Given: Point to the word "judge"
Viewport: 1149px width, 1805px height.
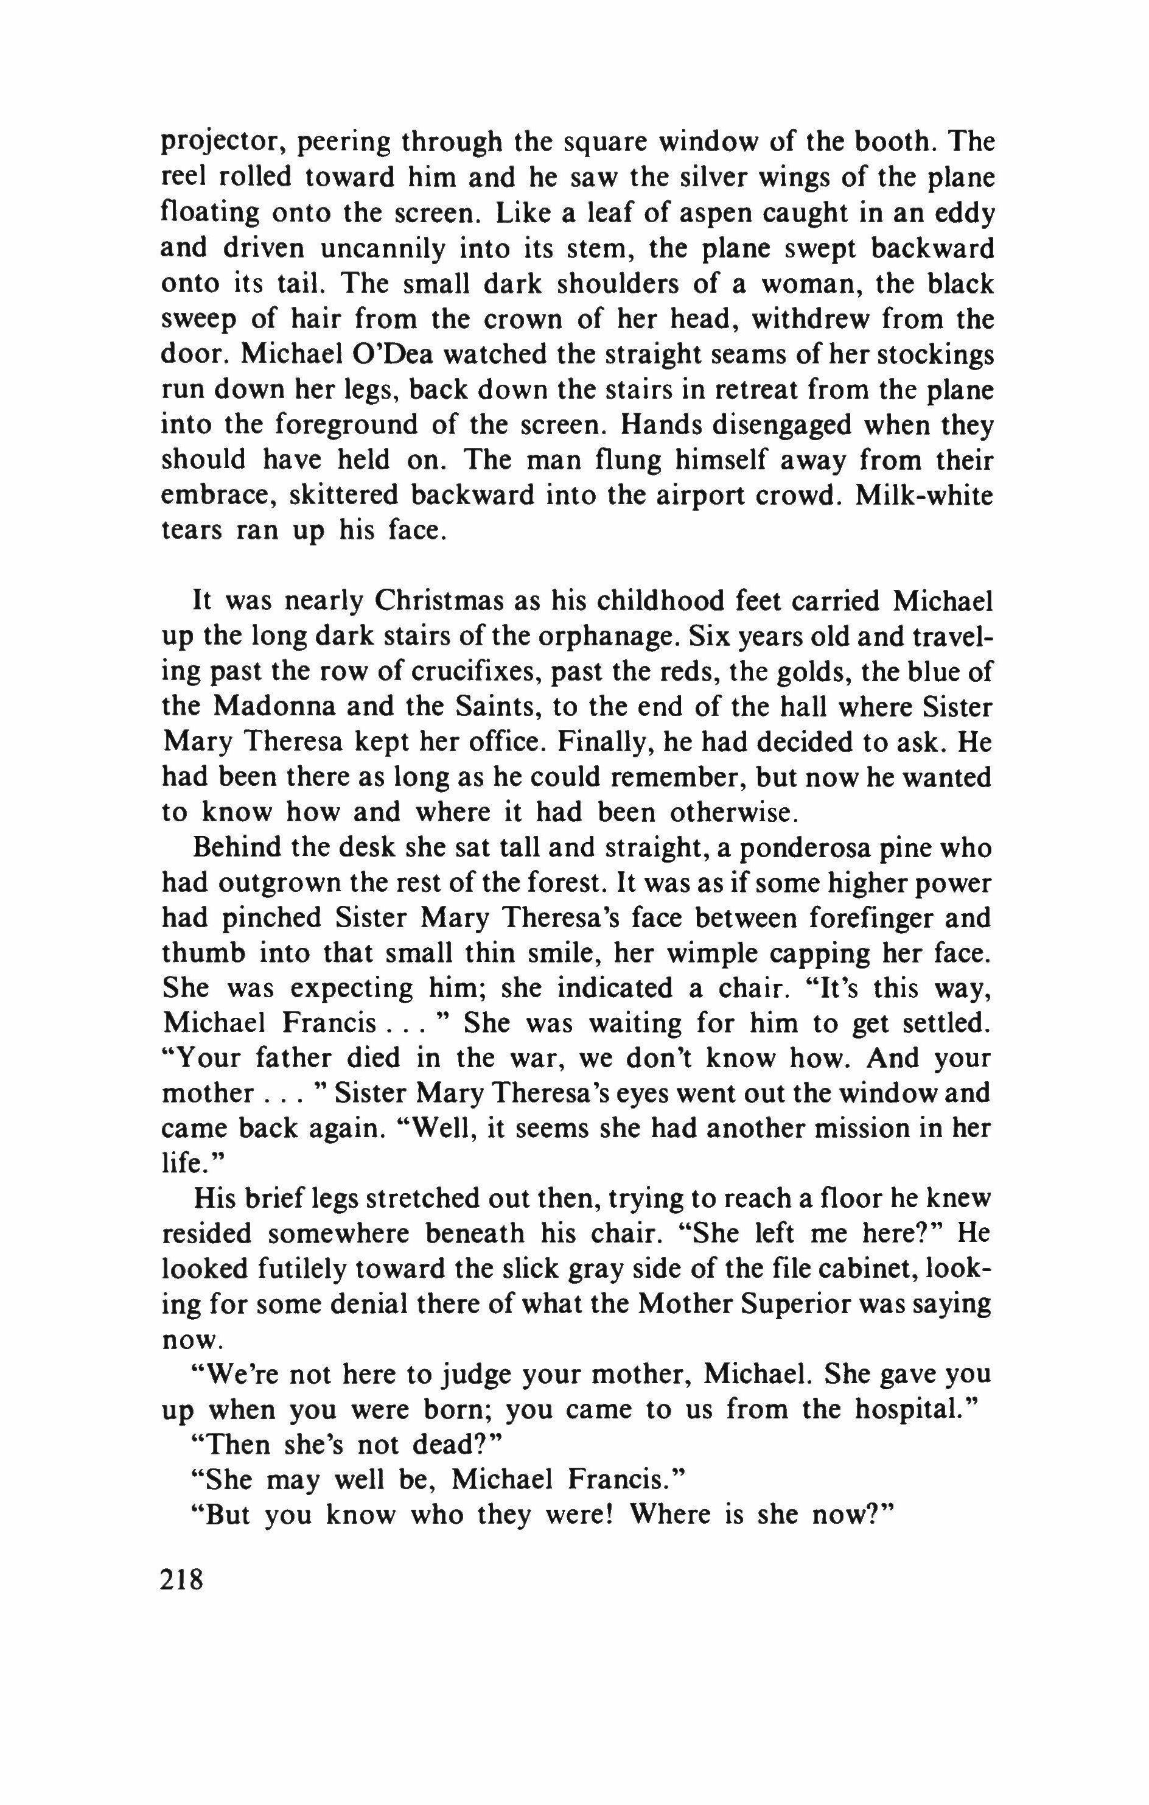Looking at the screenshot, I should pyautogui.click(x=478, y=1374).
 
